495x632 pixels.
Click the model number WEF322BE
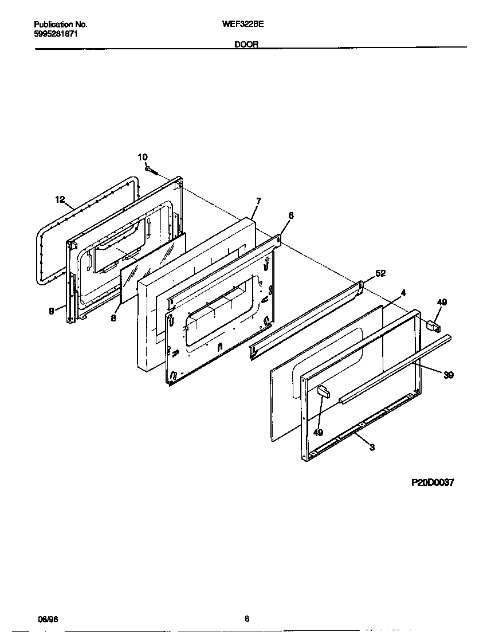click(247, 25)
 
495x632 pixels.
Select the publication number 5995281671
click(56, 34)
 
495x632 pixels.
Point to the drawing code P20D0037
click(433, 483)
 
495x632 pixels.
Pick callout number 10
click(143, 157)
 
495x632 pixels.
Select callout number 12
click(60, 199)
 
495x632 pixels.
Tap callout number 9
click(52, 311)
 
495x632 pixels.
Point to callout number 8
click(113, 319)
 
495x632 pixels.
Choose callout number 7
click(258, 201)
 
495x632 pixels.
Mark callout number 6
click(290, 215)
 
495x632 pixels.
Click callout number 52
click(380, 273)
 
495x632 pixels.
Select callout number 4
click(403, 292)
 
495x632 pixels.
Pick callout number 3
click(372, 447)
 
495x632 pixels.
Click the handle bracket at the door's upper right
click(433, 326)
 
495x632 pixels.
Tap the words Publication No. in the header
click(61, 25)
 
